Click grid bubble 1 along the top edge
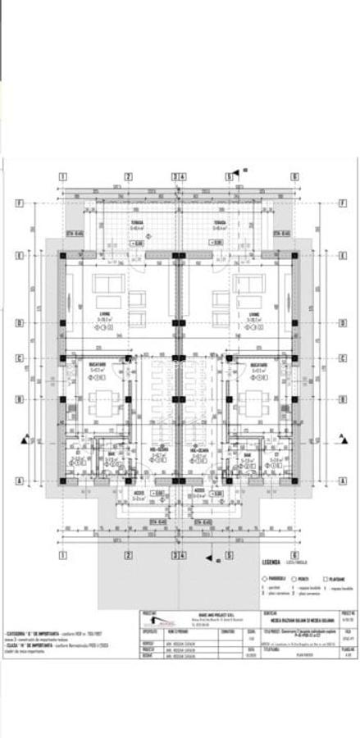pyautogui.click(x=62, y=176)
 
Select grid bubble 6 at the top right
pyautogui.click(x=294, y=176)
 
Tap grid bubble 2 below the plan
pyautogui.click(x=129, y=555)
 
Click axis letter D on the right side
pyautogui.click(x=339, y=323)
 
